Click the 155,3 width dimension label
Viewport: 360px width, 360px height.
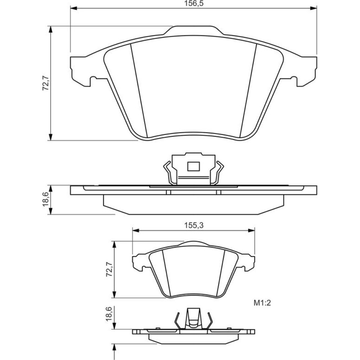click(194, 225)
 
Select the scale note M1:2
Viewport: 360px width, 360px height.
click(262, 303)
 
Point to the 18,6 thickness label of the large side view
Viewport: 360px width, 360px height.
click(45, 199)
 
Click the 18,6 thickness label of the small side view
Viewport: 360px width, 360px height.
click(109, 314)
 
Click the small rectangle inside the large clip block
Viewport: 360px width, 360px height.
click(193, 166)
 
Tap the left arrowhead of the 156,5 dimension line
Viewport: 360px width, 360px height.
click(73, 9)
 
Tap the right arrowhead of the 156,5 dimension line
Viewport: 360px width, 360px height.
click(314, 9)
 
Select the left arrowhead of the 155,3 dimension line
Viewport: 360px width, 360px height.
click(136, 230)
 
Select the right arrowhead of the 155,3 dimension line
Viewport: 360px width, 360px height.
click(252, 230)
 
